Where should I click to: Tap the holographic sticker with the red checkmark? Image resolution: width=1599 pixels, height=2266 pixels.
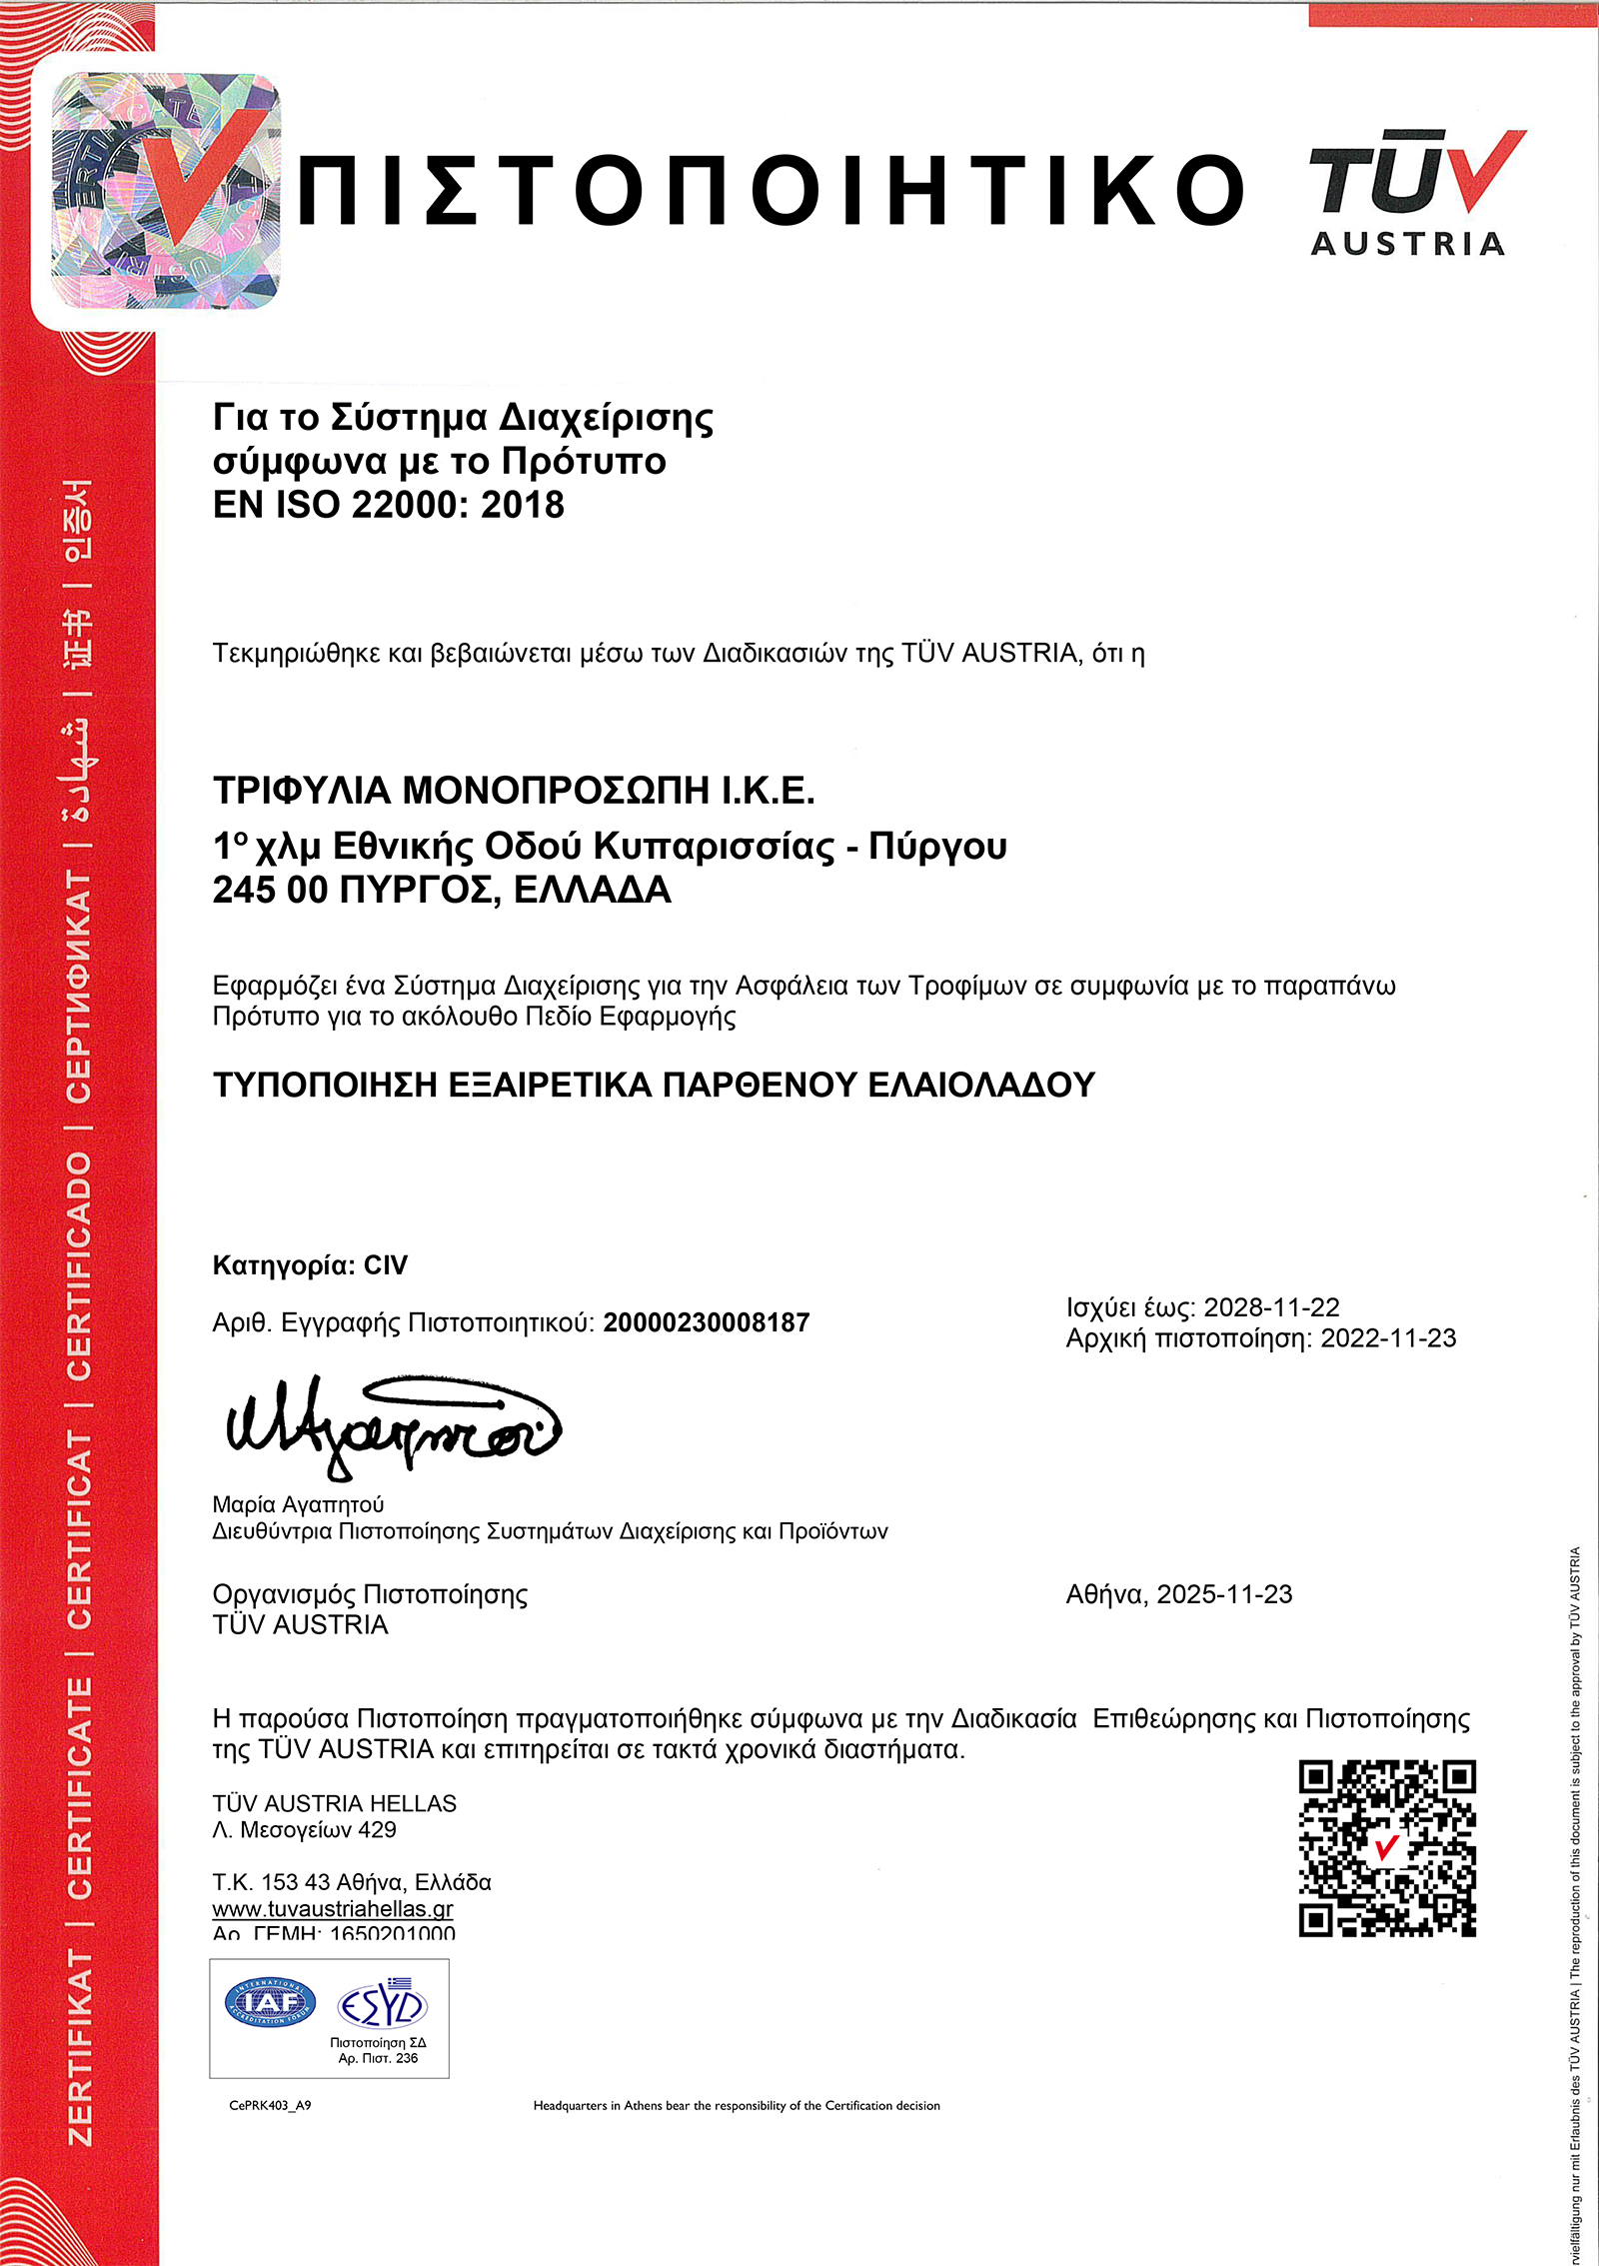[166, 191]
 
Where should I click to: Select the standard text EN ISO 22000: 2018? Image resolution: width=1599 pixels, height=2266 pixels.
[388, 505]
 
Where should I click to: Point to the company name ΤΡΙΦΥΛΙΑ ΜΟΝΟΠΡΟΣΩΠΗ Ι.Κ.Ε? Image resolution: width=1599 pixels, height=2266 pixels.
[514, 791]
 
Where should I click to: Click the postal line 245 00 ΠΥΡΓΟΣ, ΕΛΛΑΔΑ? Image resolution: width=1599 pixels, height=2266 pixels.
[441, 890]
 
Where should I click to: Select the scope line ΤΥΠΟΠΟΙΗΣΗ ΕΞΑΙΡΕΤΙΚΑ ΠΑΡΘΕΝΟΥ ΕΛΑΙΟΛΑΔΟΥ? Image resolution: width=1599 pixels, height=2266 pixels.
[654, 1085]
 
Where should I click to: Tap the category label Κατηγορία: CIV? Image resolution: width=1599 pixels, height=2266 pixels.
[310, 1265]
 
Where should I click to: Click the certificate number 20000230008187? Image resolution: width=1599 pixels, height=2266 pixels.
[706, 1322]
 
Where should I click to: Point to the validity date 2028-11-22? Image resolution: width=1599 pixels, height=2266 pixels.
[1271, 1307]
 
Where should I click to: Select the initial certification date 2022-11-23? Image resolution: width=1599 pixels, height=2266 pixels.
[1388, 1338]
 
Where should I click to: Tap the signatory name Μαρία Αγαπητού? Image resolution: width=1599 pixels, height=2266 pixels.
[298, 1504]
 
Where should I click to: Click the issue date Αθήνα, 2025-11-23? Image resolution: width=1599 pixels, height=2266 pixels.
[1178, 1593]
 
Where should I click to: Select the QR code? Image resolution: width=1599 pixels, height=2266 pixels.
[1387, 1848]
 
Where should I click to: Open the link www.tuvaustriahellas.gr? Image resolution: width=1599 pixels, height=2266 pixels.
[333, 1908]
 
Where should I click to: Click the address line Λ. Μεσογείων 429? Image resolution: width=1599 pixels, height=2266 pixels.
[304, 1829]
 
